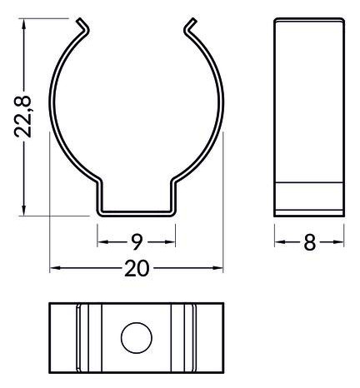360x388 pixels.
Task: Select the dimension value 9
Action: tap(137, 242)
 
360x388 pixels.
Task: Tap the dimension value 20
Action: tap(137, 267)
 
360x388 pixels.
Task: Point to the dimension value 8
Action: tap(309, 242)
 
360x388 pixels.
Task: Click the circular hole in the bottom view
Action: tap(137, 338)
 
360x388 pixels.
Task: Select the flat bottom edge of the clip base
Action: tap(137, 214)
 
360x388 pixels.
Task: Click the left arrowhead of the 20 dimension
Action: tap(53, 267)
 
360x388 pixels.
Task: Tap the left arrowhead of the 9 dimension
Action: tap(102, 242)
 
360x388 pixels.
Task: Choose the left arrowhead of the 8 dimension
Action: tap(278, 242)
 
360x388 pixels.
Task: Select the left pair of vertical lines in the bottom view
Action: tap(79, 338)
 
